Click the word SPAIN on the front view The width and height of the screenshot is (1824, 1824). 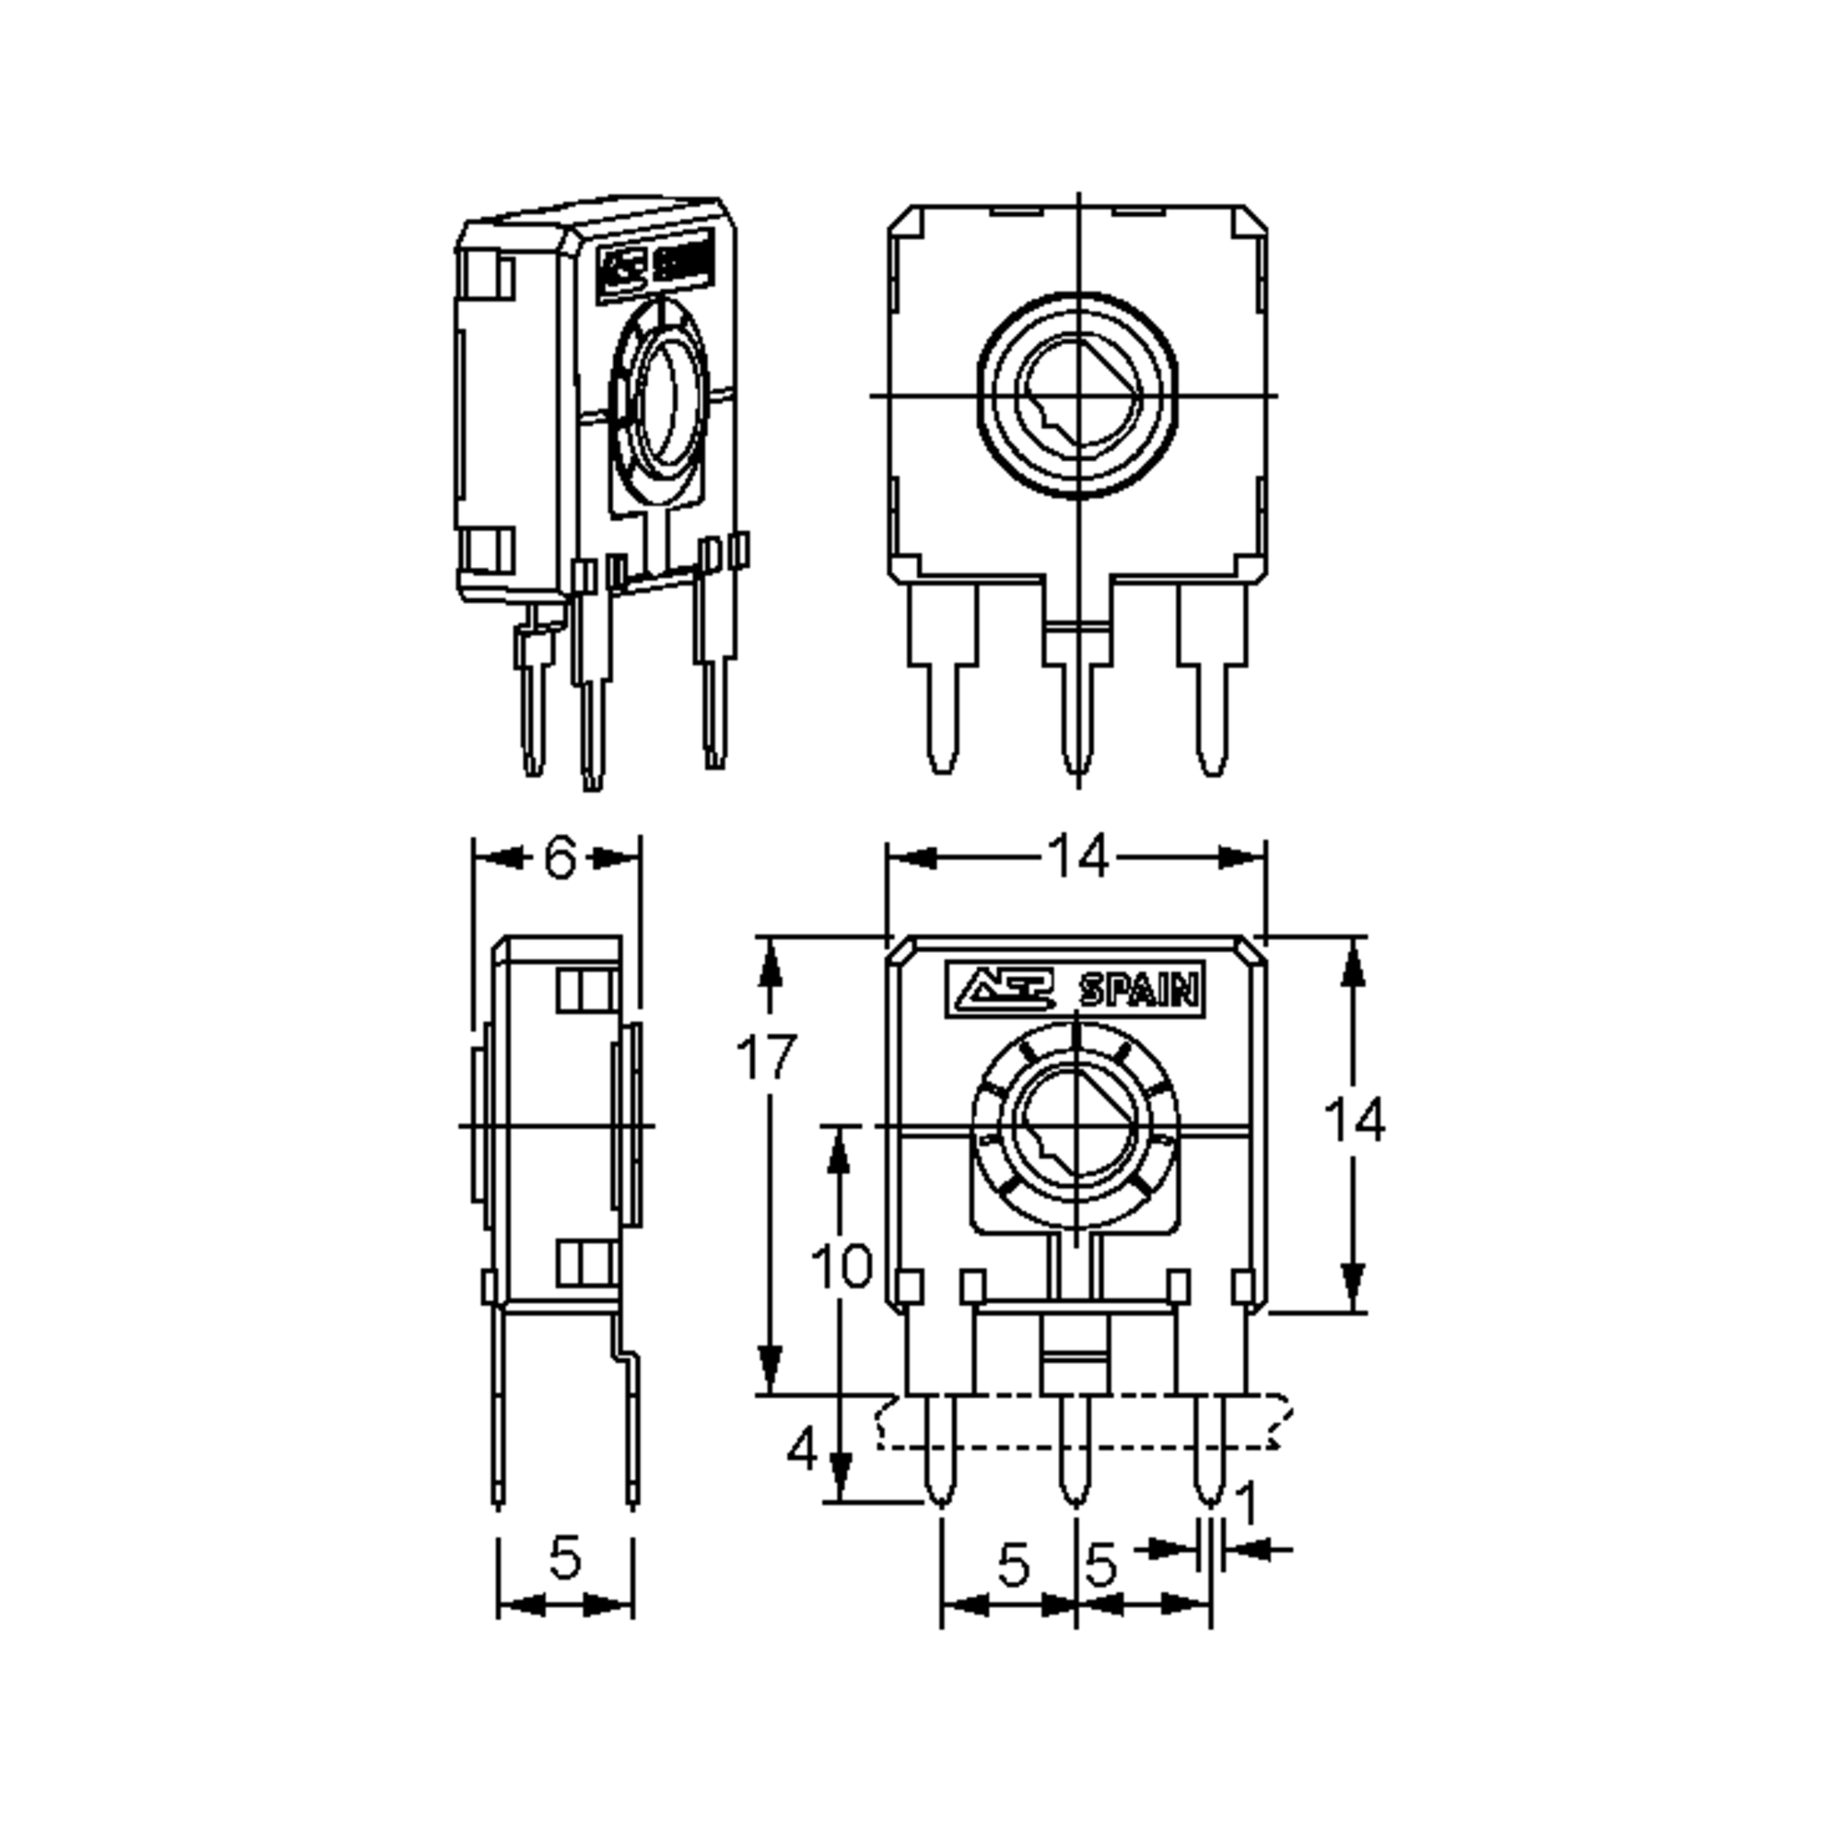pyautogui.click(x=1138, y=991)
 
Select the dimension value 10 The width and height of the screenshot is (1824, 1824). pyautogui.click(x=841, y=1265)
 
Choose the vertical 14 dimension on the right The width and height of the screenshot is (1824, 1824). pyautogui.click(x=1354, y=1119)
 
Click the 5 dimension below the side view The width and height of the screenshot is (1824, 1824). pyautogui.click(x=564, y=1558)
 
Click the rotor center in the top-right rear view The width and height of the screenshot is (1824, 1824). pyautogui.click(x=1078, y=395)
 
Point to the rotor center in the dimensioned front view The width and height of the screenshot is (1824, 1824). pyautogui.click(x=1076, y=1126)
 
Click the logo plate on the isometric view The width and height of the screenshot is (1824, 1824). pyautogui.click(x=654, y=265)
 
